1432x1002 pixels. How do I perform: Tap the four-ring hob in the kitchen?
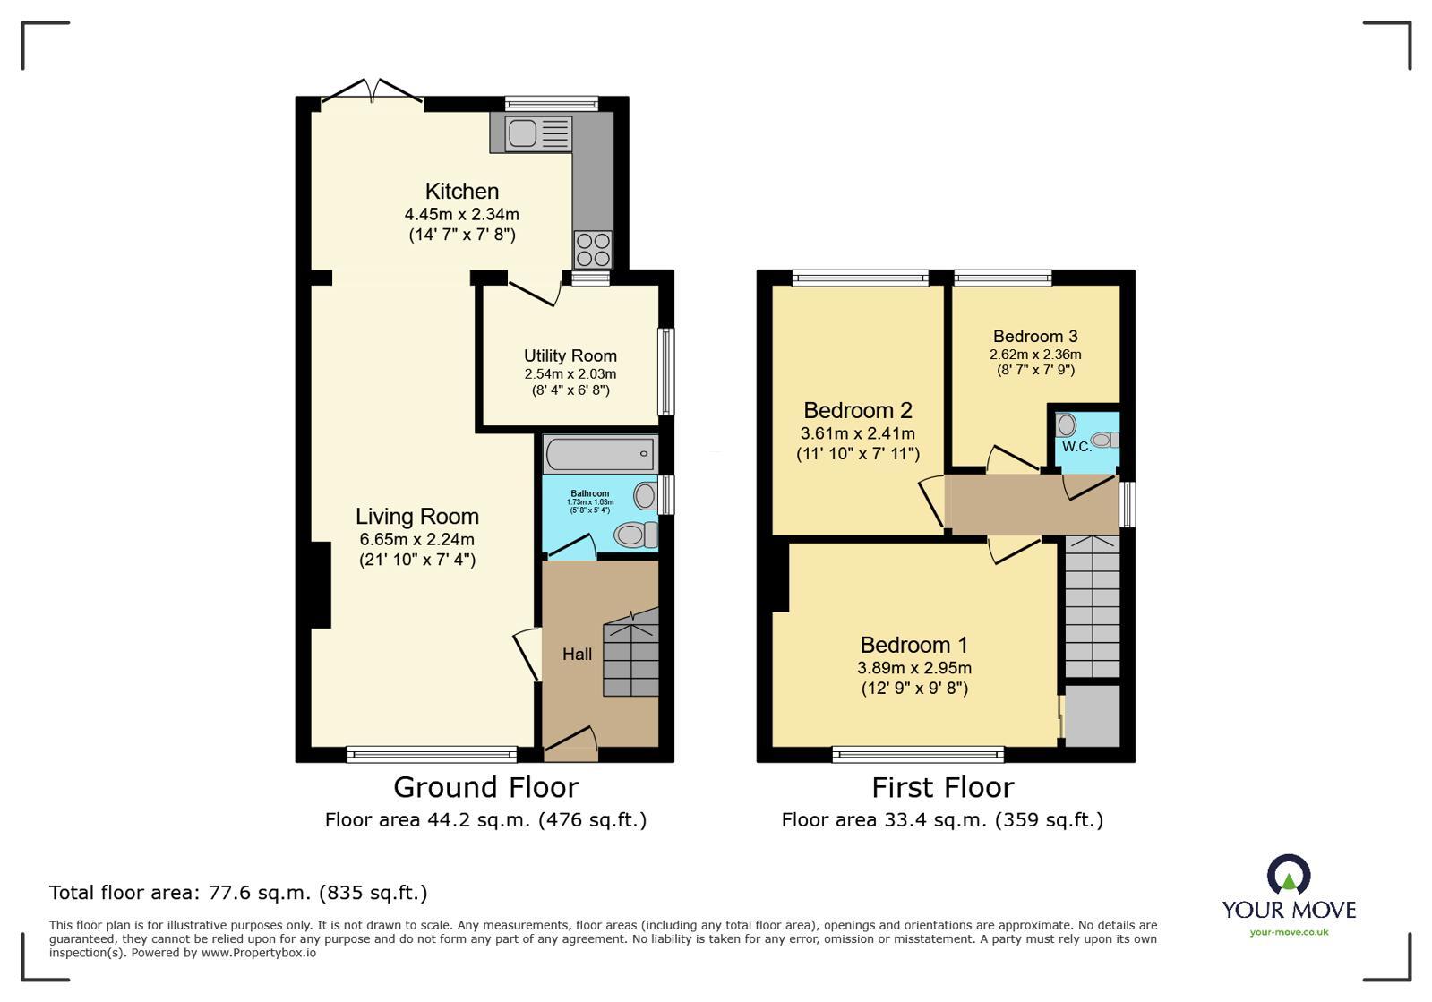coord(593,249)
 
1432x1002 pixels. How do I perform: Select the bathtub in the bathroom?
coord(599,455)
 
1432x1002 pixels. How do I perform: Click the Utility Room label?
coord(570,355)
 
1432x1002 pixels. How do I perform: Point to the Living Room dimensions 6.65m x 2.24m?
coord(416,539)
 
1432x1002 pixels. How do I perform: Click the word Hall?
coord(577,655)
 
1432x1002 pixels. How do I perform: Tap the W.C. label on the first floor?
coord(1076,447)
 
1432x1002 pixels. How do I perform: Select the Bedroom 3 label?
coord(1035,337)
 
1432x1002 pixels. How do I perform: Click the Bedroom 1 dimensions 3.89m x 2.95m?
coord(913,668)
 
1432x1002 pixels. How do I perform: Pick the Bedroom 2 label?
coord(857,410)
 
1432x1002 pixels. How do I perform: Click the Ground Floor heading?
coord(485,787)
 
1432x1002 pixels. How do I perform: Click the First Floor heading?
coord(942,787)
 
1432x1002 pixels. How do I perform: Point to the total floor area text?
coord(238,893)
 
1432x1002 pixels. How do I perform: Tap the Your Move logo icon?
coord(1289,875)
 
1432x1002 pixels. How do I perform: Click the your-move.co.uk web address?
coord(1289,932)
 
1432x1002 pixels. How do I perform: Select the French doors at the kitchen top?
coord(373,93)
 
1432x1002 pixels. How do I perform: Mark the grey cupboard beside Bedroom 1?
coord(1092,715)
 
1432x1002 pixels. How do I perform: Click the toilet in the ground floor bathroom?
coord(634,535)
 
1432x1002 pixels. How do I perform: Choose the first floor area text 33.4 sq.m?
coord(942,819)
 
